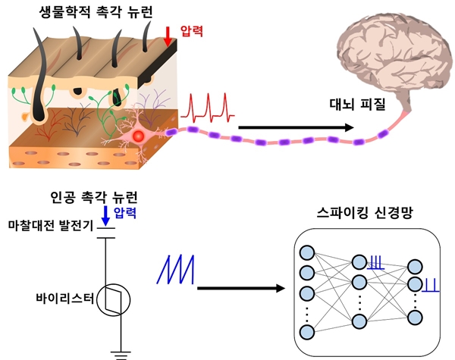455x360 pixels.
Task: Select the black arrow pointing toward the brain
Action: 296,127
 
